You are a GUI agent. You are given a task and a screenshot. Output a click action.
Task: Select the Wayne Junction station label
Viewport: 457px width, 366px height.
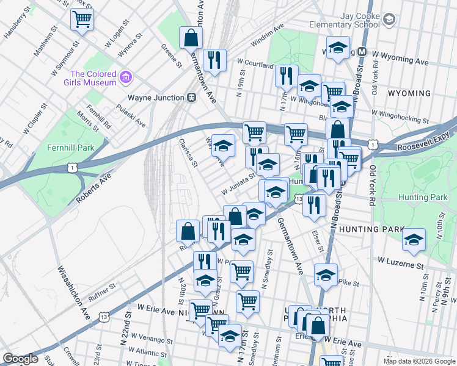156,98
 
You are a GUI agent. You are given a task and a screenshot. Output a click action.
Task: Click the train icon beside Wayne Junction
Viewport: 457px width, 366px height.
191,97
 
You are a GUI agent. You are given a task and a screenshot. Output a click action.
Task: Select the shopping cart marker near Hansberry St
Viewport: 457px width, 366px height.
82,18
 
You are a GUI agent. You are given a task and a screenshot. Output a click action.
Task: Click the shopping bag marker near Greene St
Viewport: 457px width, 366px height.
191,38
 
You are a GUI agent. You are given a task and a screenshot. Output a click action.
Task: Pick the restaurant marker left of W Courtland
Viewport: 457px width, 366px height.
214,60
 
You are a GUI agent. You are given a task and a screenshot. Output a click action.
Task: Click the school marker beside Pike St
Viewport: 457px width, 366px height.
326,275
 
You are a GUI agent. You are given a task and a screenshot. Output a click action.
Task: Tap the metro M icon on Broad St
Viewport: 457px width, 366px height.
362,52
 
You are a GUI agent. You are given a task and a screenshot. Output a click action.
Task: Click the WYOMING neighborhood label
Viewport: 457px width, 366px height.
409,93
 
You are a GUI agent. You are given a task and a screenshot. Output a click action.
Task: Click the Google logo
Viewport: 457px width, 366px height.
20,359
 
